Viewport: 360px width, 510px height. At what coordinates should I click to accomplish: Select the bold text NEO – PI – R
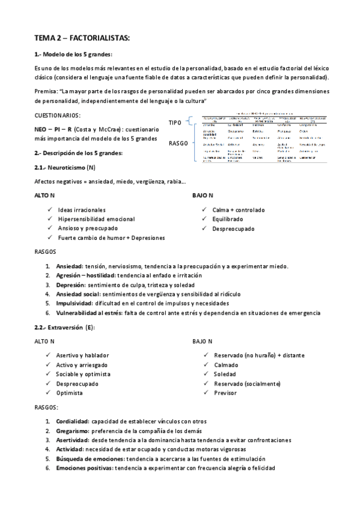coord(54,129)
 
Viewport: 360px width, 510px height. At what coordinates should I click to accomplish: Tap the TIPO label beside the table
coord(175,123)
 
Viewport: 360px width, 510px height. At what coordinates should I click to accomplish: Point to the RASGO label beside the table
coord(178,144)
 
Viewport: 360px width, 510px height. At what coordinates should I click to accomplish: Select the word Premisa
coord(47,91)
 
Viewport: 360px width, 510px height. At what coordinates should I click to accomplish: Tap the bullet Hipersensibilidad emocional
coord(96,219)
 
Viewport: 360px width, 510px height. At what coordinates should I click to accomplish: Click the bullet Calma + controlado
coord(238,210)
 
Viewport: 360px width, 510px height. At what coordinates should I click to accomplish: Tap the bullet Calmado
coord(226,365)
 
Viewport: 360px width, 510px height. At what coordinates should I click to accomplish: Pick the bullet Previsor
coord(225,393)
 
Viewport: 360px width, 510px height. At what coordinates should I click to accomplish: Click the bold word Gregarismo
coord(73,431)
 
